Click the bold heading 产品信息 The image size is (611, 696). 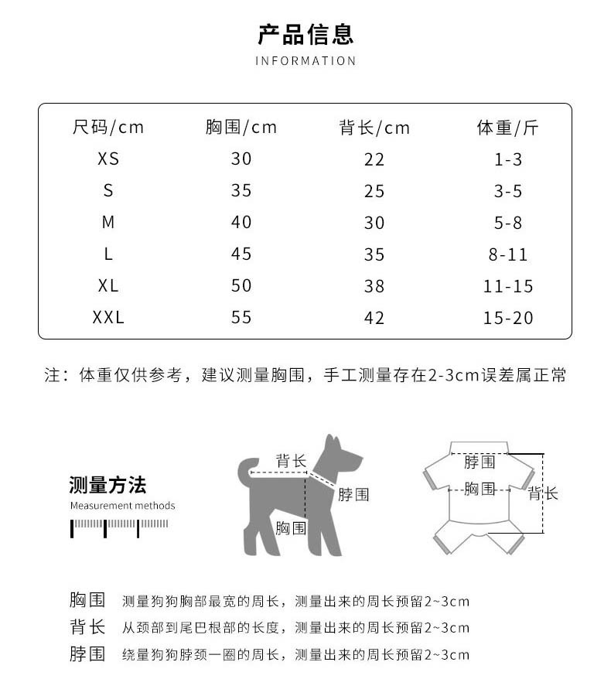[305, 35]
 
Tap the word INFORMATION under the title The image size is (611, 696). [305, 61]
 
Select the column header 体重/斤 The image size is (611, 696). [507, 128]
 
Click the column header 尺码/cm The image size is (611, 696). [108, 128]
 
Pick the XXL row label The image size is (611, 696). [108, 318]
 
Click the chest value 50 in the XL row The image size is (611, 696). [241, 286]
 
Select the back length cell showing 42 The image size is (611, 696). [374, 318]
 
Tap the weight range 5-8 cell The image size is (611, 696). [508, 223]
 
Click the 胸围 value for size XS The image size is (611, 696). [241, 159]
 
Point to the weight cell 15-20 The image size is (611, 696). [508, 318]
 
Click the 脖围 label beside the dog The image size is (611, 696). [353, 495]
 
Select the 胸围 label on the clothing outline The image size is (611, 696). [480, 489]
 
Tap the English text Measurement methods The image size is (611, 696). [122, 506]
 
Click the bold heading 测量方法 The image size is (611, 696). [108, 486]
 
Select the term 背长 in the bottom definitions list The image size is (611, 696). [87, 627]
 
